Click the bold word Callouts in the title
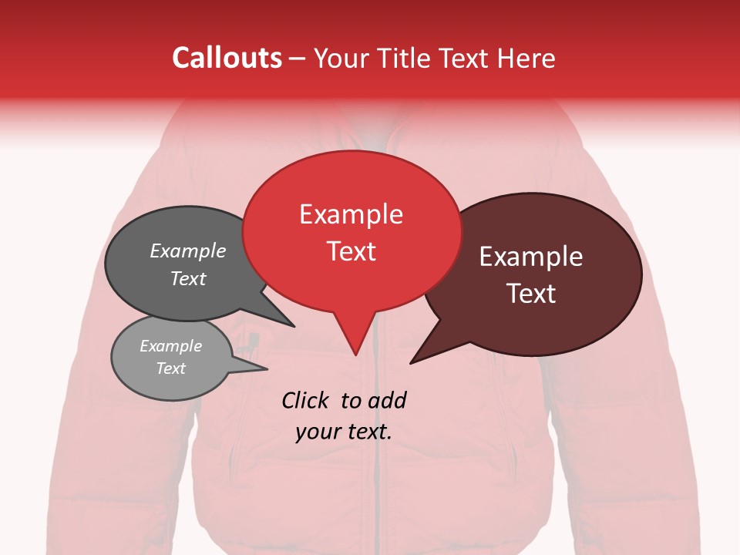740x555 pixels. tap(227, 59)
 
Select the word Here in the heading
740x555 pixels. tap(528, 59)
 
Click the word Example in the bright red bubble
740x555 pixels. tap(351, 214)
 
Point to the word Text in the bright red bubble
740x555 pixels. tap(351, 251)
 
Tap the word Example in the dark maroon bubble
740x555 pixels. tap(531, 257)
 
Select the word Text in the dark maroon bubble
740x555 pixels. tap(531, 294)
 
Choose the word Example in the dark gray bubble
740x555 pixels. tap(188, 251)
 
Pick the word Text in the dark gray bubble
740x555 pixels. tap(188, 279)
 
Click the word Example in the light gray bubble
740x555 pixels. tap(170, 347)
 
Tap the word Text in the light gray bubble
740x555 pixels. tap(170, 368)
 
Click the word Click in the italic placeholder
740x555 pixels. tap(307, 400)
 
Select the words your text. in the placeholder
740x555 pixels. tap(344, 432)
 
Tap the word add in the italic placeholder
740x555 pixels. tap(387, 400)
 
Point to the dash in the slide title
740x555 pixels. tap(298, 59)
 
